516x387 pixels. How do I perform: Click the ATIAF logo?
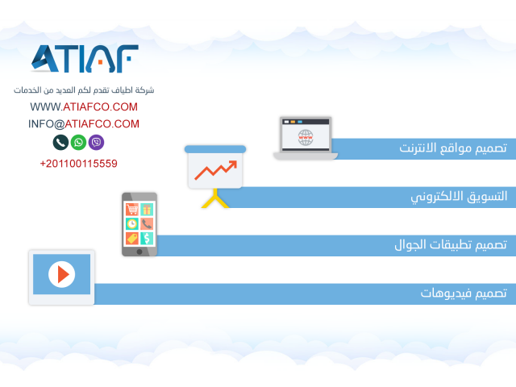pos(85,59)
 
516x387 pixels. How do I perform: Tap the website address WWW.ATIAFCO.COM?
pos(84,107)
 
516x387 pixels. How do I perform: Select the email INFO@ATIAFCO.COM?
pos(84,124)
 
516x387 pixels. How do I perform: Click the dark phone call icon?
pos(60,142)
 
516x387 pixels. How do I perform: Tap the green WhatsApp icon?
pos(78,142)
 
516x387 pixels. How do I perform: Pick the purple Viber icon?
pos(96,142)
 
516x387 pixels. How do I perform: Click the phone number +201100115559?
pos(79,164)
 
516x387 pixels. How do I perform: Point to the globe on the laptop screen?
pos(306,137)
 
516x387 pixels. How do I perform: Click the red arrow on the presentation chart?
pos(216,170)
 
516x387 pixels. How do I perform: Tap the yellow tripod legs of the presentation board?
pos(215,198)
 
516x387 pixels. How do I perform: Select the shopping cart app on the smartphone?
pos(132,209)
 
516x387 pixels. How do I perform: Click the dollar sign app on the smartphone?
pos(147,238)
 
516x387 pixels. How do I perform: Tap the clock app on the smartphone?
pos(132,224)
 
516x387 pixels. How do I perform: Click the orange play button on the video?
pos(62,274)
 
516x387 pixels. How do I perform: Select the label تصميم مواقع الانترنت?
pos(453,148)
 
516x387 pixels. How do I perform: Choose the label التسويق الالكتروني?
pos(459,197)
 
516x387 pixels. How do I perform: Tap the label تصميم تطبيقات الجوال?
pos(451,244)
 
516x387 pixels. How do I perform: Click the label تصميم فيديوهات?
pos(464,293)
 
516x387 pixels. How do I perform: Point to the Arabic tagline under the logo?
pos(84,89)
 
